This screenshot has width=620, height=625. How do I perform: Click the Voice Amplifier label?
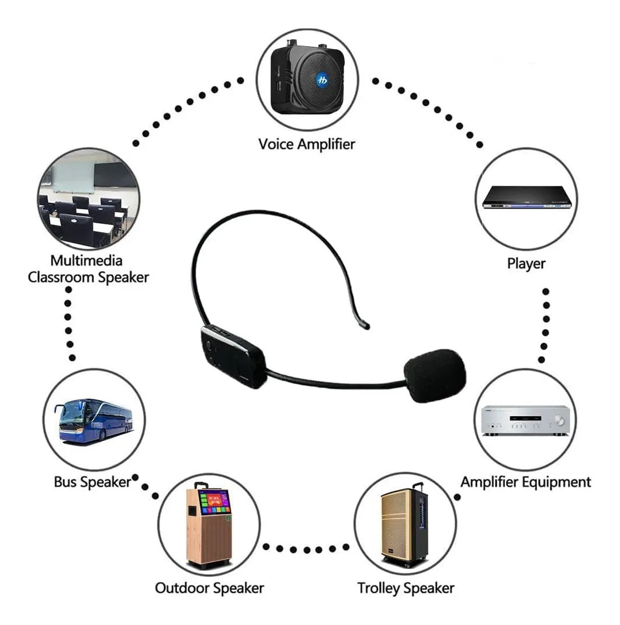coord(306,144)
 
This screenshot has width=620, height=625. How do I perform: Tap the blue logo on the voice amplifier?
coord(322,80)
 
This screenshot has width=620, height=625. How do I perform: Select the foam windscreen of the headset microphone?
coord(435,375)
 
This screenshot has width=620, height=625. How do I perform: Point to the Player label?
coord(526,264)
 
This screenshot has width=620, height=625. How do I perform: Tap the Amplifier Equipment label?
coord(525,482)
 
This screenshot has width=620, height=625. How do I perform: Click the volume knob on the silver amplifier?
coord(559,420)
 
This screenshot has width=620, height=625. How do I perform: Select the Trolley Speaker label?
coord(406,588)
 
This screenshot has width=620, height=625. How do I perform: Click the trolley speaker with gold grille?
coord(404,525)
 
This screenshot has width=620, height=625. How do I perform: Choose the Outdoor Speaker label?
coord(209,588)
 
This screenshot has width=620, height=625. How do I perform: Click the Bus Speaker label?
coord(92,482)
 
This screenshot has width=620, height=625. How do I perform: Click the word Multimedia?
coord(86,261)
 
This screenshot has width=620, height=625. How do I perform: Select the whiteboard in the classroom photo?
coord(73,177)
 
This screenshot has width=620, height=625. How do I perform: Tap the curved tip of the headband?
coord(363,325)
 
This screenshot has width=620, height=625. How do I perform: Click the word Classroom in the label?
coord(61,278)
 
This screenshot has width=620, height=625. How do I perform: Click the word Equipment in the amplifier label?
coord(556,482)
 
